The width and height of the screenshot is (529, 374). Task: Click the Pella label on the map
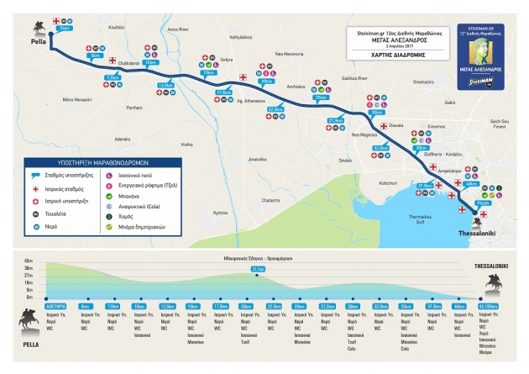coord(38,40)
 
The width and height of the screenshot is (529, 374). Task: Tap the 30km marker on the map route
coord(375,113)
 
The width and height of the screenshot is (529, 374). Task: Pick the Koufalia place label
coord(116,28)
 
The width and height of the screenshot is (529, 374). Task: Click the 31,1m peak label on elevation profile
coord(257,269)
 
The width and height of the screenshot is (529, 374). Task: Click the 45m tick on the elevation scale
coord(29,261)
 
